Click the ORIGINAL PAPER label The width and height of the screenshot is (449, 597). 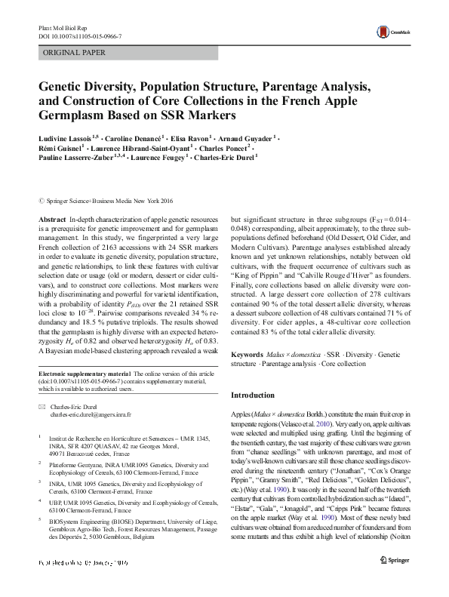(x=74, y=52)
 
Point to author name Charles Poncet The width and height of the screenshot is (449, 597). (x=232, y=149)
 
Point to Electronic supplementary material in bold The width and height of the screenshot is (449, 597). (x=83, y=374)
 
